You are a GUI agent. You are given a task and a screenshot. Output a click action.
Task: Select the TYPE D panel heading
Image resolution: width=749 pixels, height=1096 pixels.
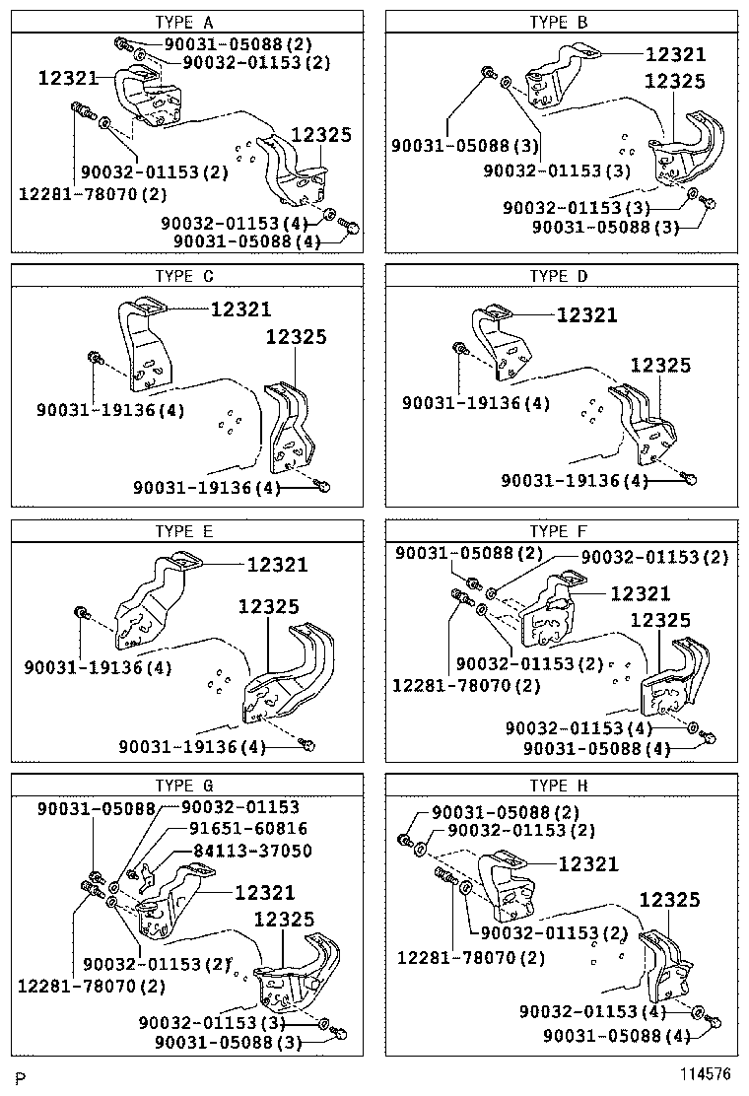click(558, 276)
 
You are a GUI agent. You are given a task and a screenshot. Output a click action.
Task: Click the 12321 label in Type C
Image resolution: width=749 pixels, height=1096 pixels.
click(239, 309)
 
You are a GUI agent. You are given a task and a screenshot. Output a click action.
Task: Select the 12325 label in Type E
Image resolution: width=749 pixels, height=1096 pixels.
click(268, 606)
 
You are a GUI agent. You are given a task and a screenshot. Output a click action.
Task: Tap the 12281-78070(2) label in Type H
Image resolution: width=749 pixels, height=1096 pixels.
click(470, 957)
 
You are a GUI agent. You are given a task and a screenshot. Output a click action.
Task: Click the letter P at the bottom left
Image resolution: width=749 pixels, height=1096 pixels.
click(20, 1074)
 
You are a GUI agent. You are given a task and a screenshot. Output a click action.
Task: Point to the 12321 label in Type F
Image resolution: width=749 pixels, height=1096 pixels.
click(640, 593)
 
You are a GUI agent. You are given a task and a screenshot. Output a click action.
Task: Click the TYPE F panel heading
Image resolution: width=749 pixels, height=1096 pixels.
click(558, 531)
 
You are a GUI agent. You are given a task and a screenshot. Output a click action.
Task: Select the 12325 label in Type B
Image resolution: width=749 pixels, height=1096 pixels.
click(675, 82)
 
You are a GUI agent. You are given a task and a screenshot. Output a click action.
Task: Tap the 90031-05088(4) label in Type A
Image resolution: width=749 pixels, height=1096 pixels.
click(246, 240)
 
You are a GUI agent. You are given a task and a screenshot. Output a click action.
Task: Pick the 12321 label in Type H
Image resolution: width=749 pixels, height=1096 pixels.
click(588, 864)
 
